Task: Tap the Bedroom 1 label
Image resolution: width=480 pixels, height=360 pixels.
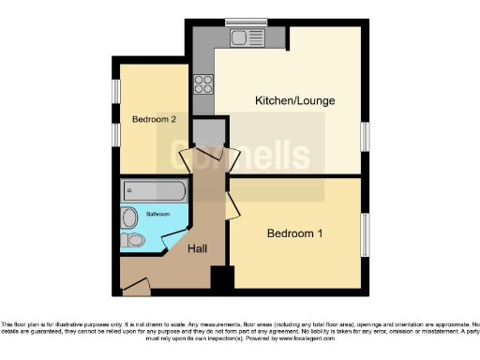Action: (295, 232)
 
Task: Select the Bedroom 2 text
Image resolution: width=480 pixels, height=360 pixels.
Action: (154, 119)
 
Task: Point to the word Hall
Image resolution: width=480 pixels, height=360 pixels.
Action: (198, 248)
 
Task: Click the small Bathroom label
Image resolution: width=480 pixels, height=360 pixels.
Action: (157, 215)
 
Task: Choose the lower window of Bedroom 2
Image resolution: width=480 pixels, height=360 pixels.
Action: (116, 134)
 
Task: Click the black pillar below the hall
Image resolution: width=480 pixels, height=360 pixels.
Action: (221, 279)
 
